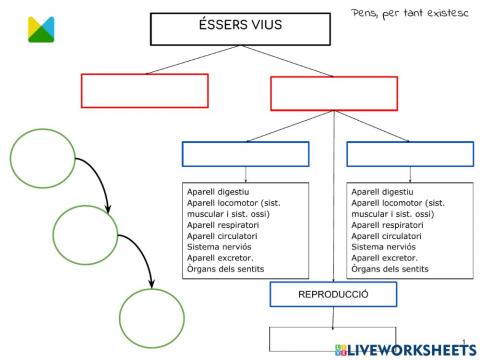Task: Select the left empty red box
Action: [x=131, y=90]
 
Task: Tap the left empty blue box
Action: [x=246, y=154]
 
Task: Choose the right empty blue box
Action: [x=409, y=154]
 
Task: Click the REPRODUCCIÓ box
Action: [x=334, y=295]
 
